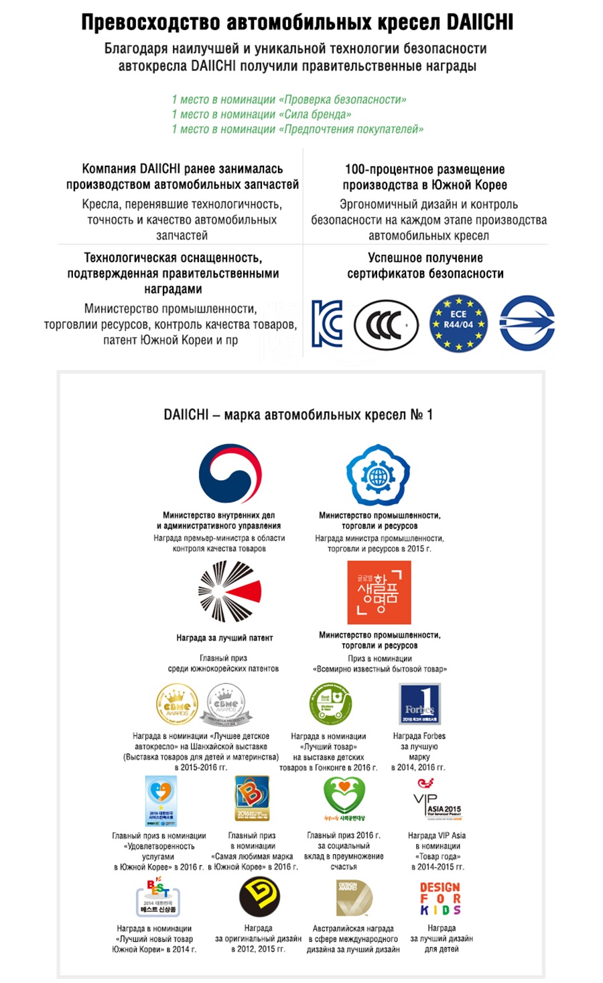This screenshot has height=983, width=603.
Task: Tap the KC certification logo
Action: click(x=327, y=323)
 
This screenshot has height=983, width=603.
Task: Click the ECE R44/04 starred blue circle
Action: click(x=458, y=325)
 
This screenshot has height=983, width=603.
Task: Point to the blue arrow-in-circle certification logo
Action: click(x=527, y=323)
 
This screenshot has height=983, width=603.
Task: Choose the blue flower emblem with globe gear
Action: click(x=378, y=475)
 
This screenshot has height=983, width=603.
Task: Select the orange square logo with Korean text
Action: click(x=379, y=593)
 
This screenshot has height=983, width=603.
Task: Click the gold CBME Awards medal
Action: click(x=177, y=705)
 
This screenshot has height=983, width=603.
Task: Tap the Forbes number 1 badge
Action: click(x=419, y=703)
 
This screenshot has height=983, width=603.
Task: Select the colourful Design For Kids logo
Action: click(x=440, y=899)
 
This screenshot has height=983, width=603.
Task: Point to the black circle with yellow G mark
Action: click(x=259, y=897)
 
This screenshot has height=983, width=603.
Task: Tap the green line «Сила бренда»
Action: click(x=261, y=115)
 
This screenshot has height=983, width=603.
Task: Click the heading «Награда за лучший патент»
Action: click(x=224, y=638)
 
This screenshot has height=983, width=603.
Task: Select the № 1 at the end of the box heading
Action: click(x=421, y=414)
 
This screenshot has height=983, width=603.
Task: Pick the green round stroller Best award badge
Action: click(x=330, y=703)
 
